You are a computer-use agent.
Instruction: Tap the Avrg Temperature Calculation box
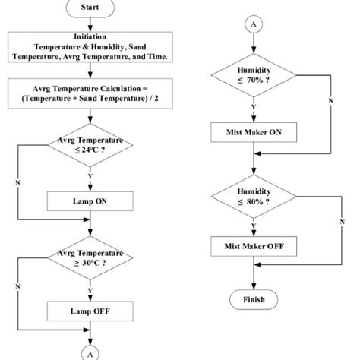(90, 93)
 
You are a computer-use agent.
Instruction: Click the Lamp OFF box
(90, 311)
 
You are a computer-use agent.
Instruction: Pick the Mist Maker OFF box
(253, 247)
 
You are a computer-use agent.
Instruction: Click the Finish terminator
(253, 298)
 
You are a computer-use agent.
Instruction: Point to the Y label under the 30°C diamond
(90, 289)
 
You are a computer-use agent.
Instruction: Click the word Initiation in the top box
(90, 36)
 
